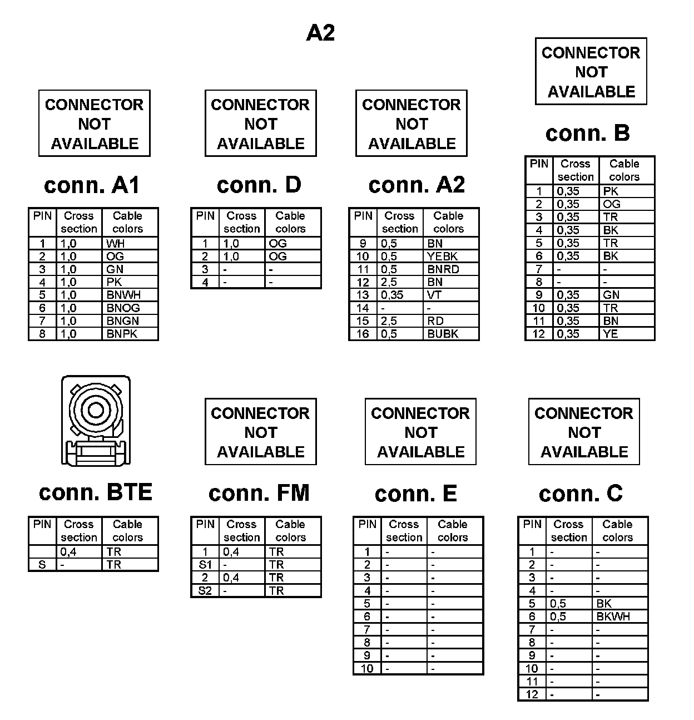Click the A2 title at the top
pos(321,33)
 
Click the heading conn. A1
pos(92,185)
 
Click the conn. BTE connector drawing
pos(96,421)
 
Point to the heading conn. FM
pos(259,493)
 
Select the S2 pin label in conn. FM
pos(205,591)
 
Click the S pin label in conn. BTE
pos(42,565)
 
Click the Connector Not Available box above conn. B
pos(591,72)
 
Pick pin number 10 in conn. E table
pos(367,668)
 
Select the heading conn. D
pos(259,185)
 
